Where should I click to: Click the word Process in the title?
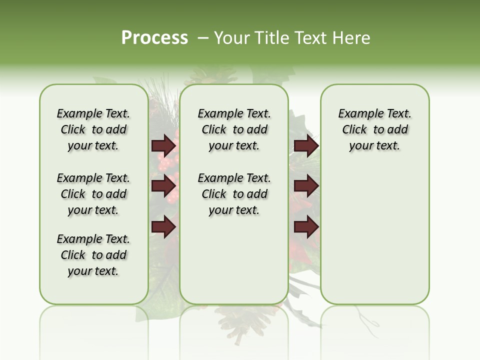click(x=154, y=38)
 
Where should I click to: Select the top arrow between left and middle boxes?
click(x=163, y=146)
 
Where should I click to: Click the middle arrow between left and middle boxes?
click(x=163, y=186)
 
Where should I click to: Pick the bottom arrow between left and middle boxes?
click(x=163, y=227)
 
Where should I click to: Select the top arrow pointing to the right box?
click(x=306, y=146)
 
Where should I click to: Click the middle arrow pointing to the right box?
click(x=306, y=186)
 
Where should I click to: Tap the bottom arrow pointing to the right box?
click(x=306, y=227)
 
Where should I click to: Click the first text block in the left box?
click(x=93, y=129)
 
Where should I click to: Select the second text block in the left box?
click(x=93, y=194)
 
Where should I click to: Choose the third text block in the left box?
click(x=93, y=255)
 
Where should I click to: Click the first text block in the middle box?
click(x=234, y=129)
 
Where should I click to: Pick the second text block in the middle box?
click(x=234, y=194)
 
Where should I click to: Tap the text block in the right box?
click(x=374, y=129)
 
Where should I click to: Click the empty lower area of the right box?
click(x=374, y=240)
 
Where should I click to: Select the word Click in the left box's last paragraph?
click(x=73, y=255)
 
